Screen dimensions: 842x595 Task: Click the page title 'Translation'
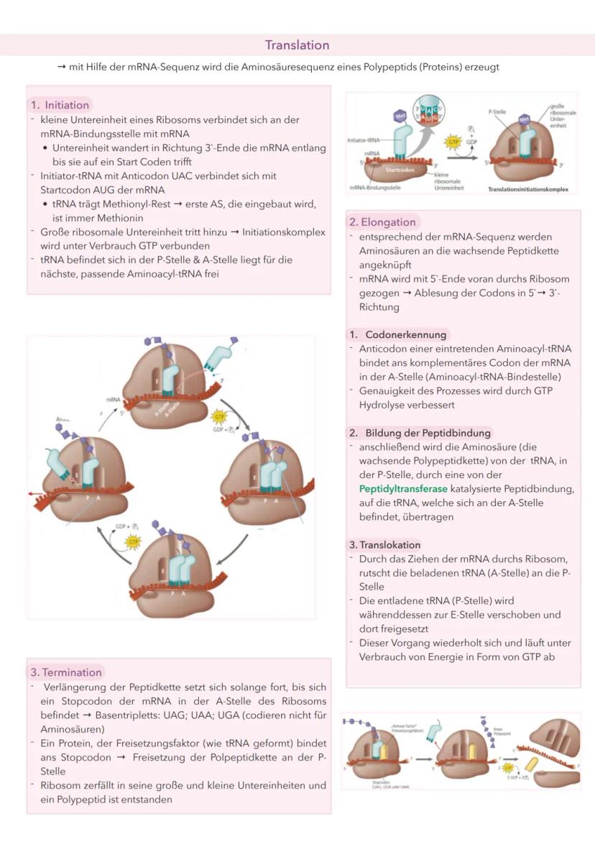click(297, 45)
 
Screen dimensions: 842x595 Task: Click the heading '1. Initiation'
click(60, 105)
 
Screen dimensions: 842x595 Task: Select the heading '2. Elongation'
click(382, 222)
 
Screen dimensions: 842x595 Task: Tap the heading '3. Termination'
click(66, 672)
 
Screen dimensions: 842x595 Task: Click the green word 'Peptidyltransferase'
click(402, 489)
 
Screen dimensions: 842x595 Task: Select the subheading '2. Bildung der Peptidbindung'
click(420, 433)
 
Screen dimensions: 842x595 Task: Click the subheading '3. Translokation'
click(385, 545)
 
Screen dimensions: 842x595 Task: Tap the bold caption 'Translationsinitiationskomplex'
click(527, 189)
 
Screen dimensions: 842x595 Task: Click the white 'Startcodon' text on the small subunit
click(397, 173)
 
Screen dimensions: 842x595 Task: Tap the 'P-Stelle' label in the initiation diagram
click(497, 113)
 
